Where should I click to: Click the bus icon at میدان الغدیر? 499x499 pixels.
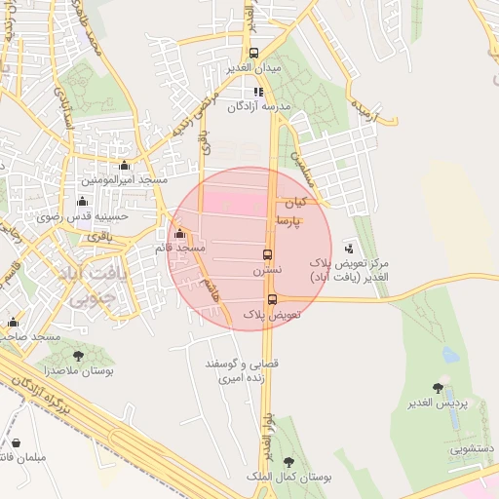[x=254, y=54]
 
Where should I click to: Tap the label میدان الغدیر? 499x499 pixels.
[x=253, y=67]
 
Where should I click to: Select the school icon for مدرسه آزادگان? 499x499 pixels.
[x=258, y=93]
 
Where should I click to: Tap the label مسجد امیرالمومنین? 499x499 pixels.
[x=124, y=180]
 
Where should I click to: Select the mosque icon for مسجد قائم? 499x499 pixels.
[x=178, y=234]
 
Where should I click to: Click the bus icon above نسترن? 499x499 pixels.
[x=266, y=255]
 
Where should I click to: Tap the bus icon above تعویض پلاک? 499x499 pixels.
[x=271, y=300]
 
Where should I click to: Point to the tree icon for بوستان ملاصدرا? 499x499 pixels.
[x=79, y=358]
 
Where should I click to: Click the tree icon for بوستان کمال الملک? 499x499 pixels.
[x=288, y=463]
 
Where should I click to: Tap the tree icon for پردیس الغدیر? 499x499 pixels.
[x=438, y=388]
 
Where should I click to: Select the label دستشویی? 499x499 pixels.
[x=472, y=450]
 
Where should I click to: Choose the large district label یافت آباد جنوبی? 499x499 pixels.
[x=96, y=286]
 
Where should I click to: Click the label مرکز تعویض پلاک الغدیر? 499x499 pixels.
[x=349, y=270]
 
